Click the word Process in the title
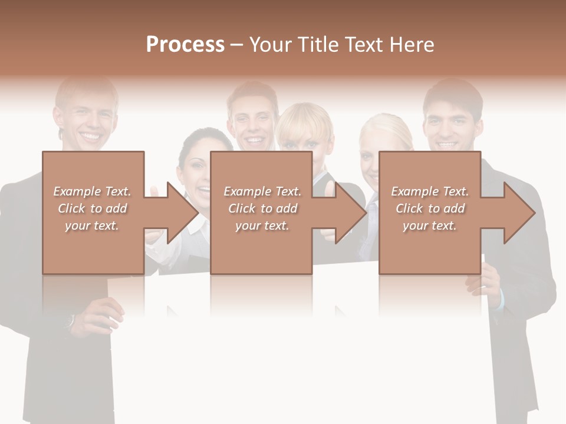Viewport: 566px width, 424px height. tap(185, 45)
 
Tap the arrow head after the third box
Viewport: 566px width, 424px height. tap(518, 213)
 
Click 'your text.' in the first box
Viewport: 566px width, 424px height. tap(92, 226)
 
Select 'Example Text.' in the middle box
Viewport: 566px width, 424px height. tap(262, 191)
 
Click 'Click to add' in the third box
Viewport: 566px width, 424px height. tap(430, 208)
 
